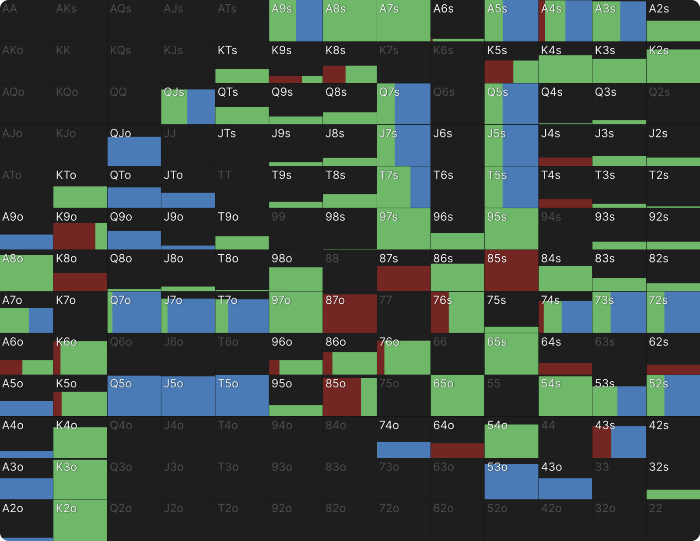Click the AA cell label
[x=10, y=9]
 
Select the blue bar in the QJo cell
[x=134, y=151]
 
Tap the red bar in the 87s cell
[x=403, y=278]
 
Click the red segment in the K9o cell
[x=74, y=236]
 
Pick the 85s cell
[x=511, y=270]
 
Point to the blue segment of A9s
[x=309, y=21]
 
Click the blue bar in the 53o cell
[x=511, y=481]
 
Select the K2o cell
[x=80, y=520]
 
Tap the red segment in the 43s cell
[x=602, y=442]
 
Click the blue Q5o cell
[x=134, y=396]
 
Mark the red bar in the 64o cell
[x=457, y=450]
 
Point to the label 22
[x=655, y=509]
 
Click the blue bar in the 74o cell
[x=403, y=450]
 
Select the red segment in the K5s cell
[x=499, y=72]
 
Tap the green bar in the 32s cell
[x=673, y=495]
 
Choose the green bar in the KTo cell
[x=80, y=197]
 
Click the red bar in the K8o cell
[x=80, y=282]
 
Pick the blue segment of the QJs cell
[x=201, y=107]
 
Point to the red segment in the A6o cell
[x=11, y=367]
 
